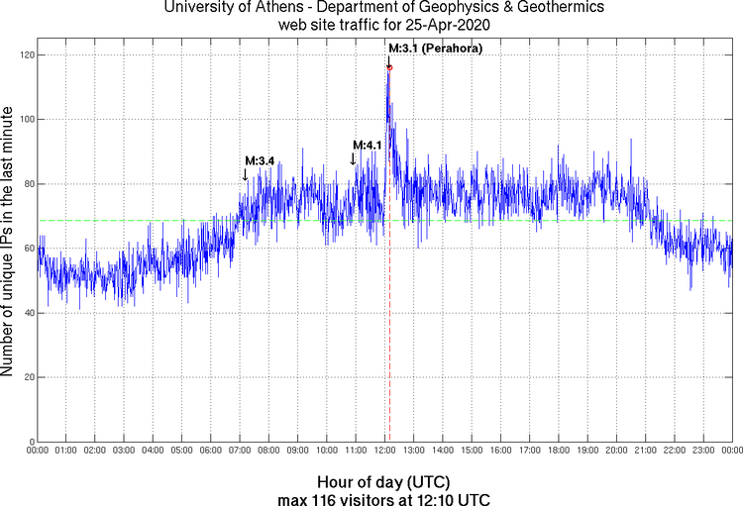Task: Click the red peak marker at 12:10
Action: pyautogui.click(x=389, y=67)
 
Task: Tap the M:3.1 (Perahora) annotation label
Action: pyautogui.click(x=435, y=49)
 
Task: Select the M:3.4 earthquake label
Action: pyautogui.click(x=259, y=160)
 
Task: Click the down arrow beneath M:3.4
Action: pyautogui.click(x=246, y=174)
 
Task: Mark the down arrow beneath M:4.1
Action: pyautogui.click(x=353, y=158)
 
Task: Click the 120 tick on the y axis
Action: pyautogui.click(x=24, y=54)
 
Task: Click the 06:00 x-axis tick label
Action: pyautogui.click(x=211, y=451)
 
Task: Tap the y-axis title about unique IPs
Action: pyautogui.click(x=9, y=243)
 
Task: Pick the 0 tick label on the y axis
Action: pyautogui.click(x=31, y=442)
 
